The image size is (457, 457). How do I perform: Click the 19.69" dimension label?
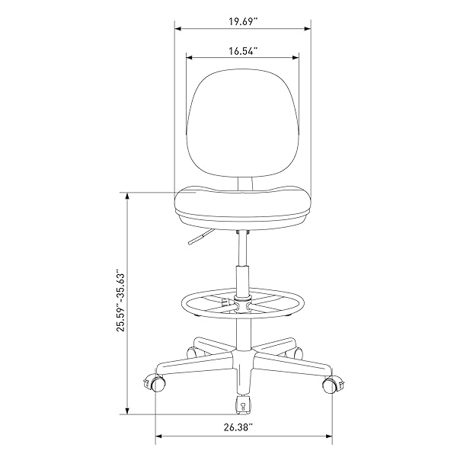pos(243,22)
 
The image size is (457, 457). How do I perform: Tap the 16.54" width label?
pos(243,51)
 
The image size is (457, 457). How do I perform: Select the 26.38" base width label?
pos(238,427)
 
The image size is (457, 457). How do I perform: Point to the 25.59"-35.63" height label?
pos(120,302)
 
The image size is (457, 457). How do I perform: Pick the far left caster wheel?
pos(155,383)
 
